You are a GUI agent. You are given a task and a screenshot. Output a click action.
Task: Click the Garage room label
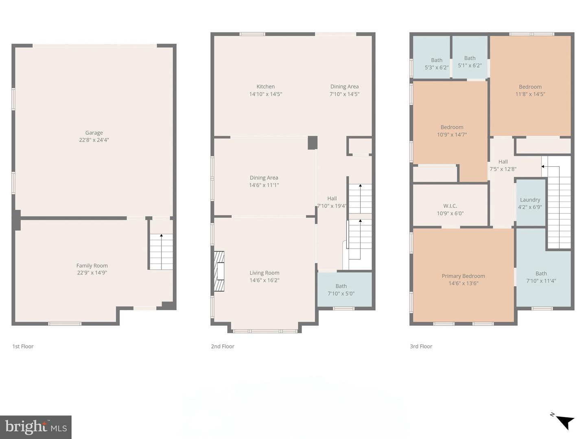click(x=94, y=133)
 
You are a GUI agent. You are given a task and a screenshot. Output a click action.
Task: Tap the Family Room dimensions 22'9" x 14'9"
click(x=92, y=273)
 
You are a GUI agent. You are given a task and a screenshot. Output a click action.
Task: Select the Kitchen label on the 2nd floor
click(x=265, y=87)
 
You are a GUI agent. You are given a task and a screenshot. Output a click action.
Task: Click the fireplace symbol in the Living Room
click(x=219, y=272)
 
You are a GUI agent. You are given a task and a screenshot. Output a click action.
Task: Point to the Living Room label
click(x=264, y=273)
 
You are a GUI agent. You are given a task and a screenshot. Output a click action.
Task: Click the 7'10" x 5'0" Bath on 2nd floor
click(x=341, y=290)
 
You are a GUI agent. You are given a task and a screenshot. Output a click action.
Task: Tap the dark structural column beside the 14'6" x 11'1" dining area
click(x=312, y=143)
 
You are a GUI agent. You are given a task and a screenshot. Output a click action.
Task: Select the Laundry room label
click(x=530, y=200)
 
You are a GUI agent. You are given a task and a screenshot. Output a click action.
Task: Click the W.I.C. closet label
click(x=450, y=206)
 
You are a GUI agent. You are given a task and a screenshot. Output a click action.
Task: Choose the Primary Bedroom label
click(x=463, y=276)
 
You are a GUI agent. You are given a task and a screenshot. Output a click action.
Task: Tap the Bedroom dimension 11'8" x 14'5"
click(x=530, y=94)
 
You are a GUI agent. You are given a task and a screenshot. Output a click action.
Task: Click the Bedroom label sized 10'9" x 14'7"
click(x=452, y=127)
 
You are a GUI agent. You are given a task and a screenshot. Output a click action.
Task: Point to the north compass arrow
click(x=564, y=421)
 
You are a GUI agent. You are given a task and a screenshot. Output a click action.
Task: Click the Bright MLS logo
click(x=36, y=427)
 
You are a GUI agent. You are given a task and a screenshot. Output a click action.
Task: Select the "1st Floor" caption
click(x=23, y=346)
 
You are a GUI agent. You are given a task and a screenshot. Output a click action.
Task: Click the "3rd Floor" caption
click(x=421, y=346)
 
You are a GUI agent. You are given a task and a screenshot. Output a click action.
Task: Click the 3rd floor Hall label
click(x=503, y=162)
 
